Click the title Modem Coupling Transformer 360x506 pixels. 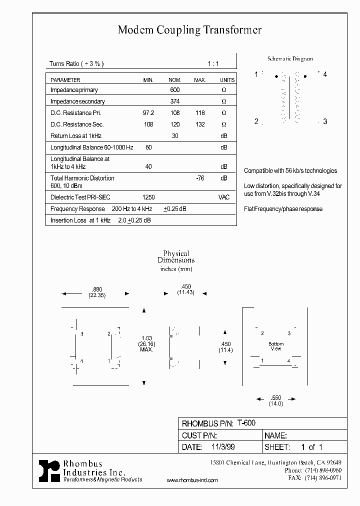[x=189, y=30]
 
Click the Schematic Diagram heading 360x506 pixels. [x=290, y=59]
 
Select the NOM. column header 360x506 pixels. [x=174, y=80]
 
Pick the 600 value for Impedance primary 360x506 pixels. [x=174, y=90]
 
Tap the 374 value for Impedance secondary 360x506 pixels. [x=174, y=101]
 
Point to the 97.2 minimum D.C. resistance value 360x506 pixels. [x=148, y=113]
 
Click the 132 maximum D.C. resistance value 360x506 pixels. [x=200, y=124]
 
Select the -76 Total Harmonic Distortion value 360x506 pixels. [x=200, y=178]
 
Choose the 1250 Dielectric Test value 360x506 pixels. [x=148, y=197]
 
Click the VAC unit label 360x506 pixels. [x=224, y=197]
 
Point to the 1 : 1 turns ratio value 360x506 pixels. [x=213, y=64]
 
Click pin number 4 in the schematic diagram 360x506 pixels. [x=325, y=74]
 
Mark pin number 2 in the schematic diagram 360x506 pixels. [x=256, y=121]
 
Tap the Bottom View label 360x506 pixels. [x=276, y=346]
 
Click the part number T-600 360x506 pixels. [x=246, y=423]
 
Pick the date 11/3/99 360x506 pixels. [x=222, y=447]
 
